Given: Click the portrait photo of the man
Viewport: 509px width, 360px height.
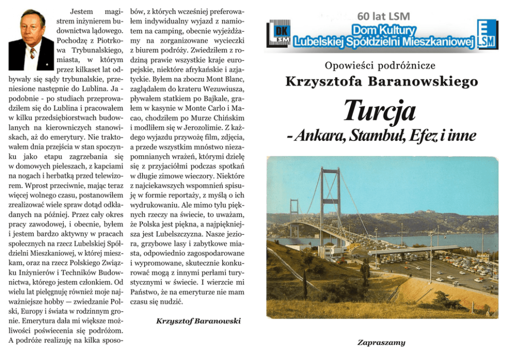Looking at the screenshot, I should (31, 39).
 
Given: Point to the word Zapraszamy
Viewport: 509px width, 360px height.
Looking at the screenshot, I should (381, 343).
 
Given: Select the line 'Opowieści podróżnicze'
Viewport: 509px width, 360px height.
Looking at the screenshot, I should (380, 65).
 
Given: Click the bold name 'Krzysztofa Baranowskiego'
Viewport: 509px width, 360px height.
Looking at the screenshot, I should (381, 82).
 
